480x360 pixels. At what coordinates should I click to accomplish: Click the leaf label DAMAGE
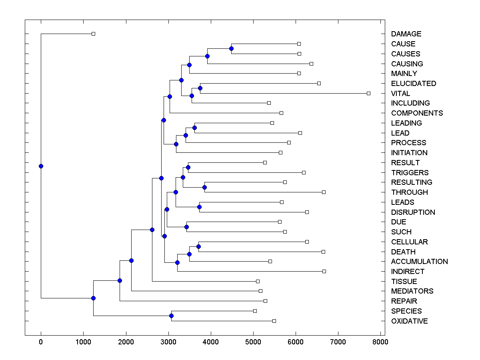[406, 34]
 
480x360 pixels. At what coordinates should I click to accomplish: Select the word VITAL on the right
[400, 93]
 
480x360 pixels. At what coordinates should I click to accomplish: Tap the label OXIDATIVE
[409, 321]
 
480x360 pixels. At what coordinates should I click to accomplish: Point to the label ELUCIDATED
[414, 84]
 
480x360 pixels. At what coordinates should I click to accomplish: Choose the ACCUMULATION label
[419, 262]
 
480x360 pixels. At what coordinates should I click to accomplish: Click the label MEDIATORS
[412, 291]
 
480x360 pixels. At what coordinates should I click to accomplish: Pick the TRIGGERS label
[410, 172]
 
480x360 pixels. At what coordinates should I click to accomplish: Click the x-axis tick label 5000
[253, 342]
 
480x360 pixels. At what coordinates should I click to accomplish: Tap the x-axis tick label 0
[41, 342]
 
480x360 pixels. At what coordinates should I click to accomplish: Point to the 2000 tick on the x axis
[126, 342]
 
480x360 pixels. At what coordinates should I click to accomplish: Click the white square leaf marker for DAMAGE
[93, 34]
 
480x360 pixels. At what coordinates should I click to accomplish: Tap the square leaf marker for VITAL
[368, 93]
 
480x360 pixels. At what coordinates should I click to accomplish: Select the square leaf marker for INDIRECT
[324, 271]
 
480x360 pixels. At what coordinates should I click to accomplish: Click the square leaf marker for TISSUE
[258, 281]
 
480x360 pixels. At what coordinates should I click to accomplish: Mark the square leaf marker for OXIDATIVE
[274, 321]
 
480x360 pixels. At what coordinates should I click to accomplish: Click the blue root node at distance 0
[41, 166]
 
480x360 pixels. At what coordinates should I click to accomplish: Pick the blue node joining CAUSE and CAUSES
[231, 48]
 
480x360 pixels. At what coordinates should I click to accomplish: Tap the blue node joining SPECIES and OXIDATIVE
[171, 316]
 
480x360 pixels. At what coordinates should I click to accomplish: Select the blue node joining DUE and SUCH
[186, 227]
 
